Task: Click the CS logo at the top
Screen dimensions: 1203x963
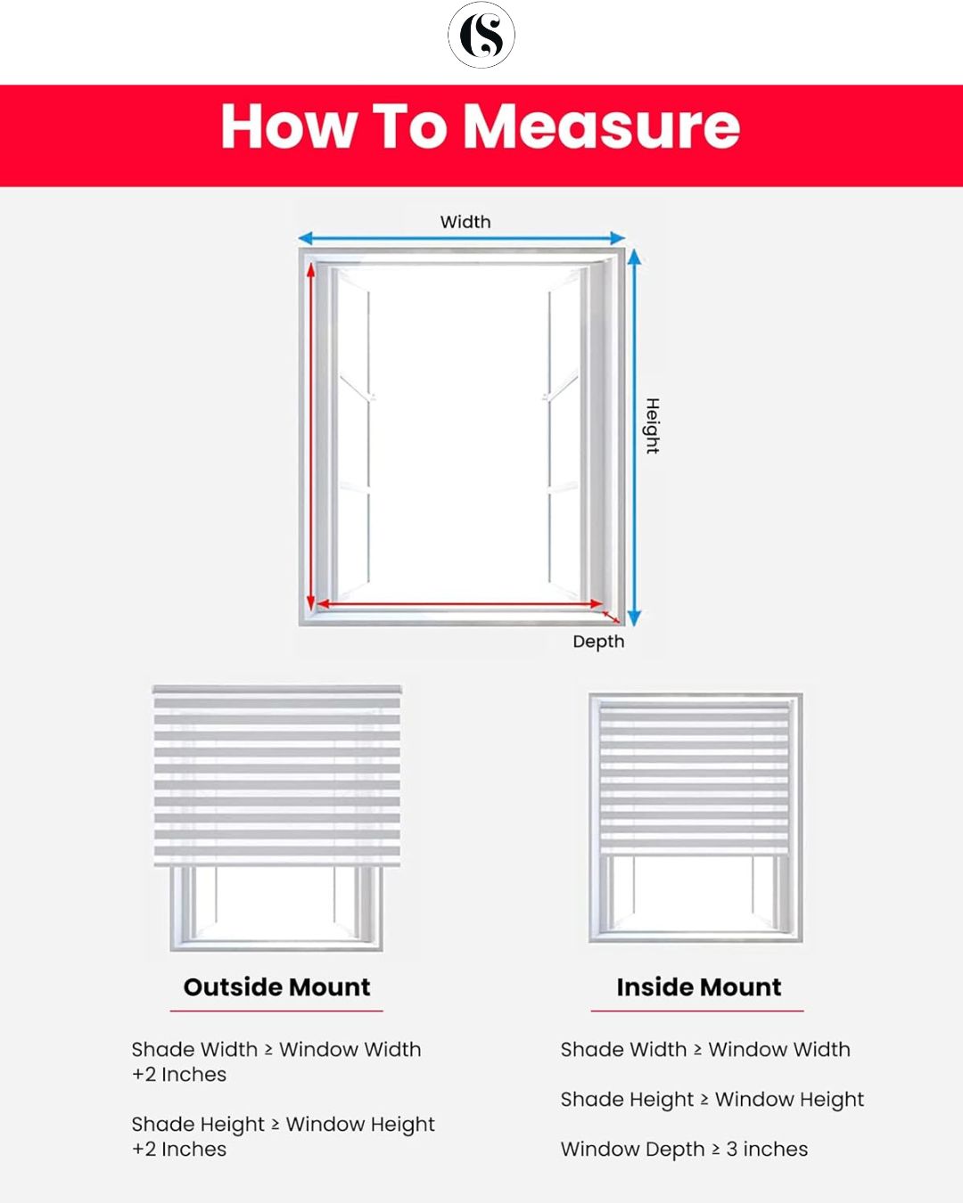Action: [x=481, y=36]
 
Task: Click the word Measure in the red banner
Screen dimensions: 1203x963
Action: [x=602, y=127]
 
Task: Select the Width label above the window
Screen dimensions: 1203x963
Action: [x=465, y=222]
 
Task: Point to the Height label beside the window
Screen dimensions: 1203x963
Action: [x=653, y=426]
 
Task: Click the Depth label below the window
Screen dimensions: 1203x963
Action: [x=598, y=642]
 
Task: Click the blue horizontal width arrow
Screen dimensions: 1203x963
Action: [x=461, y=238]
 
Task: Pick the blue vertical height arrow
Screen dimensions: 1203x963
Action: [x=634, y=437]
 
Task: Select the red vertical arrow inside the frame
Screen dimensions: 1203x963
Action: [x=311, y=437]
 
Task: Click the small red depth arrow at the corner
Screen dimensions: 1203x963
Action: [x=612, y=615]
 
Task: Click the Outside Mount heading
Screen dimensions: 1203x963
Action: [x=276, y=987]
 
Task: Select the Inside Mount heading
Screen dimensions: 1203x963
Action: [x=698, y=987]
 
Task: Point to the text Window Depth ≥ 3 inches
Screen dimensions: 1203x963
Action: [x=684, y=1150]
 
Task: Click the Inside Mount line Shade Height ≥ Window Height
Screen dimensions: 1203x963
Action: [x=712, y=1100]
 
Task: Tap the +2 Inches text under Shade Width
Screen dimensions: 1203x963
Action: [x=179, y=1075]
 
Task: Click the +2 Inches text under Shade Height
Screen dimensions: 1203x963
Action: [x=179, y=1150]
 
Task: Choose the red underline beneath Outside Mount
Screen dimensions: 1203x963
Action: [x=276, y=1011]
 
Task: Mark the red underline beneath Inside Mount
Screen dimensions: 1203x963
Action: [x=697, y=1011]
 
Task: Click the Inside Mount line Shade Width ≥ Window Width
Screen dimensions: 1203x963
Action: [x=704, y=1050]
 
